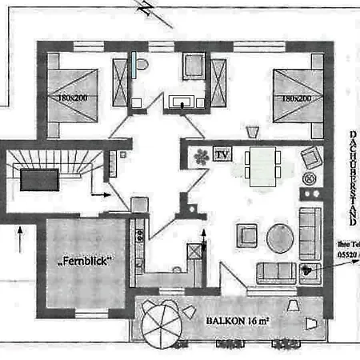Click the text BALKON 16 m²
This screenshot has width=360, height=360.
[x=238, y=319]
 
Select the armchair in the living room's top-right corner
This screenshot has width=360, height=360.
[x=310, y=158]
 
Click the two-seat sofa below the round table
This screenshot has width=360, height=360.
[x=275, y=273]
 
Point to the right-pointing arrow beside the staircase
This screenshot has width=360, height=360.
[x=100, y=194]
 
